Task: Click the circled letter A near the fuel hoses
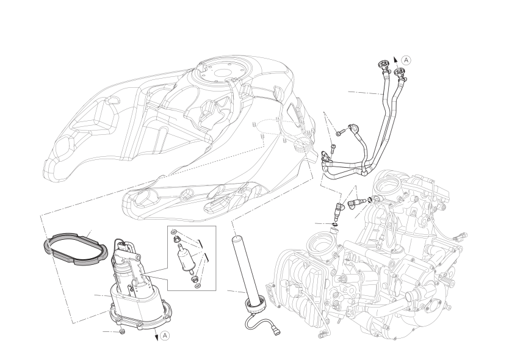406,60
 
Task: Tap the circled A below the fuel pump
165,336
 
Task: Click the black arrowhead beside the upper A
395,59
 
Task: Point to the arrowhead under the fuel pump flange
156,337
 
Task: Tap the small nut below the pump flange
123,331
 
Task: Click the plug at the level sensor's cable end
276,332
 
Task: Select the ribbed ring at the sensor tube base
254,306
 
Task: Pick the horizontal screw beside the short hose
340,132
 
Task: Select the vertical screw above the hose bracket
332,148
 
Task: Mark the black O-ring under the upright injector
334,225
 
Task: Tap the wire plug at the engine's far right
462,237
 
